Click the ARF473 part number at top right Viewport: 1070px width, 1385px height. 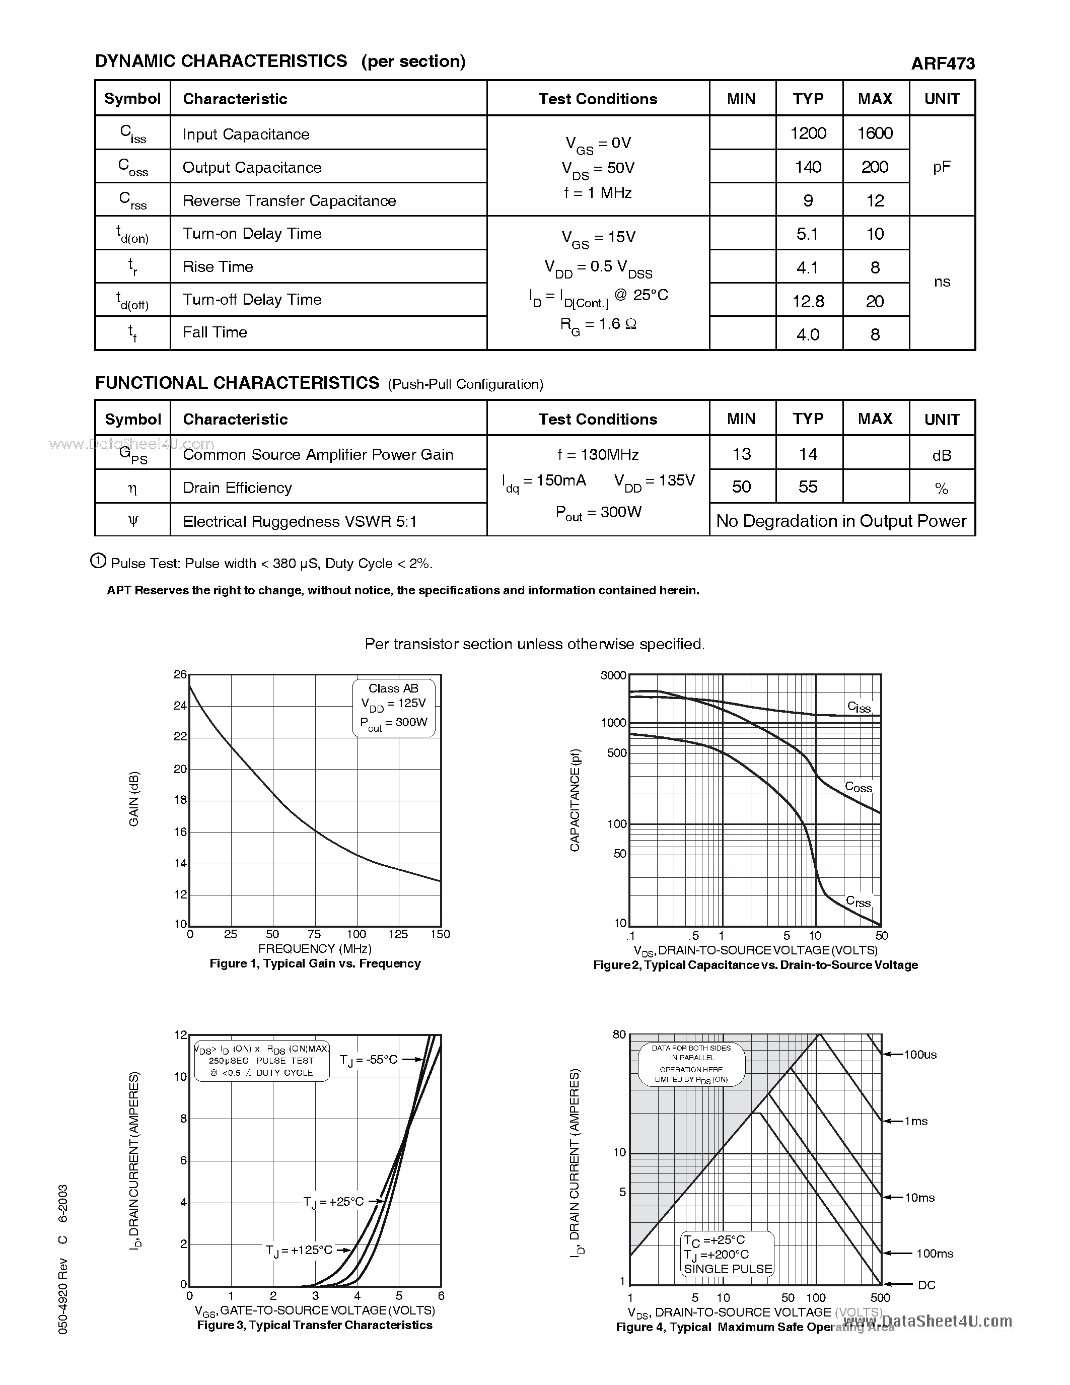point(942,63)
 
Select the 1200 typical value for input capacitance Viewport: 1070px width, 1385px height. point(808,133)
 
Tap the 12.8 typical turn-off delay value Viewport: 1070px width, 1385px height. point(808,301)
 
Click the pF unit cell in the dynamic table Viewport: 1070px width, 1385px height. point(941,167)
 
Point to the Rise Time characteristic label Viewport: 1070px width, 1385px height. point(218,267)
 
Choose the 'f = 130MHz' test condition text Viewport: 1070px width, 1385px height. point(598,455)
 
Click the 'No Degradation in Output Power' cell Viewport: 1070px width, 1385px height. point(841,521)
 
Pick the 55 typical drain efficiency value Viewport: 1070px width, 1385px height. point(808,487)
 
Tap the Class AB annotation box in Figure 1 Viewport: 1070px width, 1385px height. point(394,707)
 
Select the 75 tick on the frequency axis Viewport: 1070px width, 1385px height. point(314,934)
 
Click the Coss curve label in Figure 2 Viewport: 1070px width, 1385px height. point(859,787)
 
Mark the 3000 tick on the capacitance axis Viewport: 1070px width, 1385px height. point(613,676)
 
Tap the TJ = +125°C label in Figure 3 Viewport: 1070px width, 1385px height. point(299,1250)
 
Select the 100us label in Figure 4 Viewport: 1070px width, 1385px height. point(920,1055)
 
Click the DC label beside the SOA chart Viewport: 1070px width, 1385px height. point(926,1285)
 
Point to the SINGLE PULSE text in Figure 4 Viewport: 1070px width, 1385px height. point(728,1269)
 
